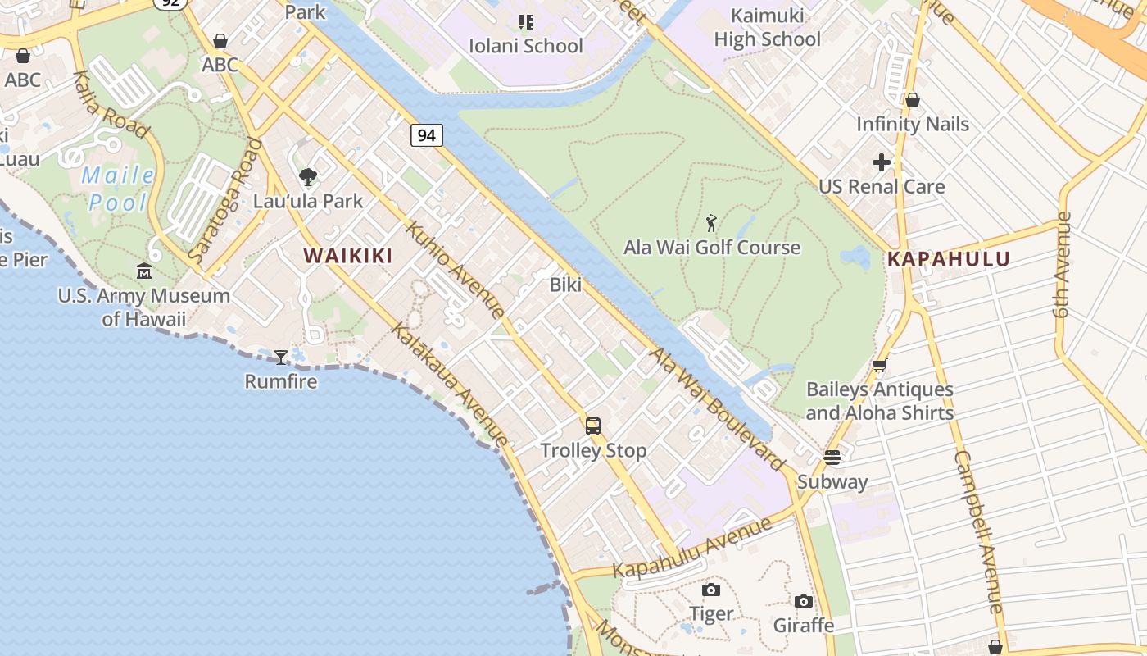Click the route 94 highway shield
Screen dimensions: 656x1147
(427, 135)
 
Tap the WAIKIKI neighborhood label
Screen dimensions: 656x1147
(348, 256)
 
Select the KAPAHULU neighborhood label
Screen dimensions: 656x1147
(949, 259)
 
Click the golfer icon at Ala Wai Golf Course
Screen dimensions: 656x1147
(711, 223)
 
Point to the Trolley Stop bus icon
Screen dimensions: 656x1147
(593, 426)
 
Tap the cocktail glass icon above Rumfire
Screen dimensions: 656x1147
(281, 357)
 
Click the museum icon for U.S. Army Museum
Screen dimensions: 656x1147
(144, 271)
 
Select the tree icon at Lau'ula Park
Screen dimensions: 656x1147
(308, 176)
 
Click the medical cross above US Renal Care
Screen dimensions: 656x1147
(882, 162)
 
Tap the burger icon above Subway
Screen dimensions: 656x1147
(832, 458)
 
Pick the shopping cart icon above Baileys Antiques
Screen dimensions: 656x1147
(880, 366)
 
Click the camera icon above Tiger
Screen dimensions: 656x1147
(711, 590)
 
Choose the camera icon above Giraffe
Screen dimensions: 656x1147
(804, 602)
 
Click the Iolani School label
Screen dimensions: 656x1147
(525, 45)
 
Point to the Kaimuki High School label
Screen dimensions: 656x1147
(767, 28)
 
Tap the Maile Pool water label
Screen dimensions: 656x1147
(118, 189)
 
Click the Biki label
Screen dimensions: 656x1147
(565, 285)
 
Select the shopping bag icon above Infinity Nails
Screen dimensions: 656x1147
(913, 100)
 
